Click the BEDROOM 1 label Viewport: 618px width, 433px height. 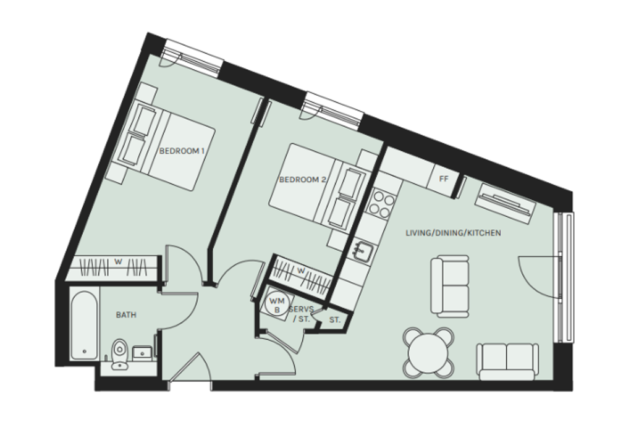(182, 151)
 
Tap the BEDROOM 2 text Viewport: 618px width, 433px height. (303, 180)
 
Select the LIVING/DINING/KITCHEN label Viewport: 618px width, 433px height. (453, 233)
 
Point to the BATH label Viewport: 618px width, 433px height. (126, 315)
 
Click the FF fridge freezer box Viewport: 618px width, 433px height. (444, 179)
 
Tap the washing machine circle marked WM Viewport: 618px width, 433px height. (277, 304)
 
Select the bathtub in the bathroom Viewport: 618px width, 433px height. (84, 325)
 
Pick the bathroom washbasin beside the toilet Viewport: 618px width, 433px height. (142, 353)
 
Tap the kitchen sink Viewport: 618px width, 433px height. (362, 251)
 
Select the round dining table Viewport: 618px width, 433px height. (428, 352)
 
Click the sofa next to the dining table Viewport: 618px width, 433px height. (507, 362)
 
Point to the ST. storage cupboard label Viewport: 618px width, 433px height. (334, 320)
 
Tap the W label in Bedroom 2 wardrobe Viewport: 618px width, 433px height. (301, 271)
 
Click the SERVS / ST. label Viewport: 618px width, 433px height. (301, 314)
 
